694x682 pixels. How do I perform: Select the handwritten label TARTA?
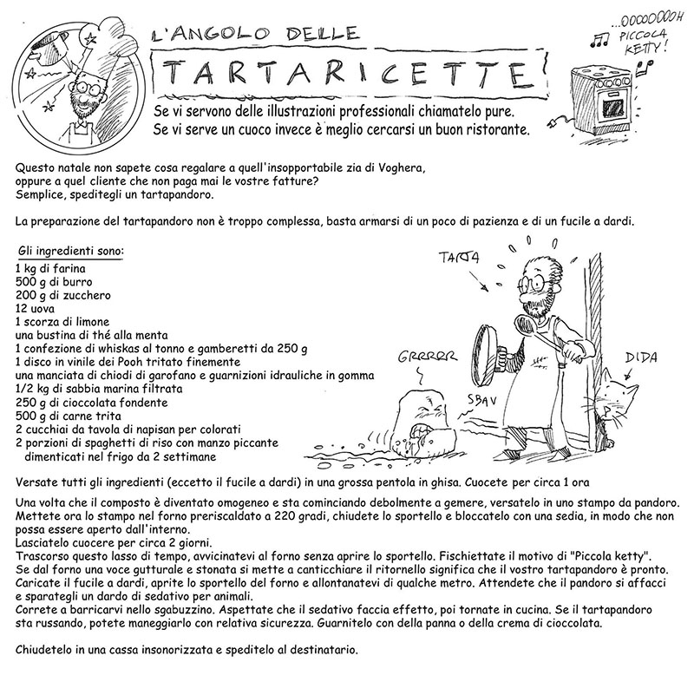pyautogui.click(x=461, y=258)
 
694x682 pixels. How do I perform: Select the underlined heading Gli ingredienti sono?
pyautogui.click(x=71, y=252)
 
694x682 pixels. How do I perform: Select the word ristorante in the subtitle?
pyautogui.click(x=486, y=130)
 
